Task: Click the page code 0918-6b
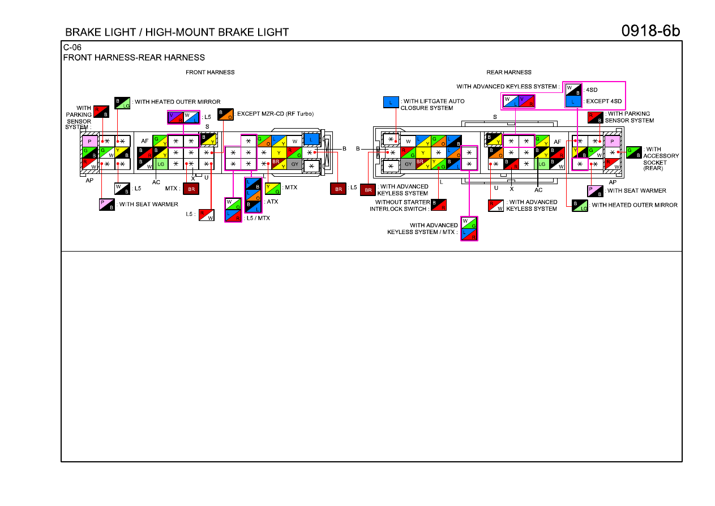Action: [x=650, y=31]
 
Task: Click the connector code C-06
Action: [x=72, y=48]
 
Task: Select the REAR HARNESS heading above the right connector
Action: [x=508, y=73]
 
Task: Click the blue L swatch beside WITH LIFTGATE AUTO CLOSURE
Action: [x=391, y=102]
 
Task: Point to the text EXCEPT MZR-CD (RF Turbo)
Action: [x=275, y=114]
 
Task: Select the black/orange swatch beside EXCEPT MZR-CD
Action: [x=225, y=114]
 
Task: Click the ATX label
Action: [x=272, y=202]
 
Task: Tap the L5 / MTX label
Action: [x=258, y=218]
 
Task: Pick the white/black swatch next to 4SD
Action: [x=573, y=90]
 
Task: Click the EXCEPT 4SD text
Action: [x=603, y=101]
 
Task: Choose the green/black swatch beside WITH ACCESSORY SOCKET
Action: [x=633, y=152]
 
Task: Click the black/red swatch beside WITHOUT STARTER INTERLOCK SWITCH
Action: [x=439, y=205]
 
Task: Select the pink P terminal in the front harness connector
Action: [x=89, y=141]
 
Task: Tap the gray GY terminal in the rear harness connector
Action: [x=408, y=164]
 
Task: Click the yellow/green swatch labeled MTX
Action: [x=273, y=189]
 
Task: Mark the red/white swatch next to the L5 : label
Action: [x=207, y=215]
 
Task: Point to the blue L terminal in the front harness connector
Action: [x=311, y=139]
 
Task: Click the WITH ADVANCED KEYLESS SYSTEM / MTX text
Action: [x=423, y=229]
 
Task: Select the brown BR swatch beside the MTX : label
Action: [x=191, y=189]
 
